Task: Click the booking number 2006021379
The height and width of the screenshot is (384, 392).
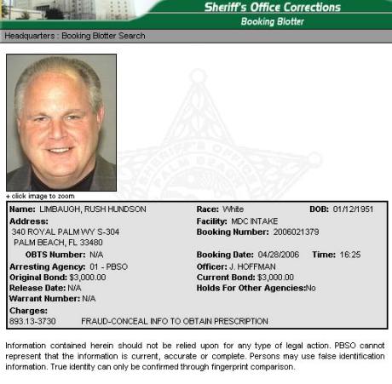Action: [296, 232]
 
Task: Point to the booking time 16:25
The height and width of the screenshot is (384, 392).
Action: [350, 254]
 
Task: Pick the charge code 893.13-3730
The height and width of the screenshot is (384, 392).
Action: [34, 321]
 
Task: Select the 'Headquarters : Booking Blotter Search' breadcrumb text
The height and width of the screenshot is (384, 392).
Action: [75, 36]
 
